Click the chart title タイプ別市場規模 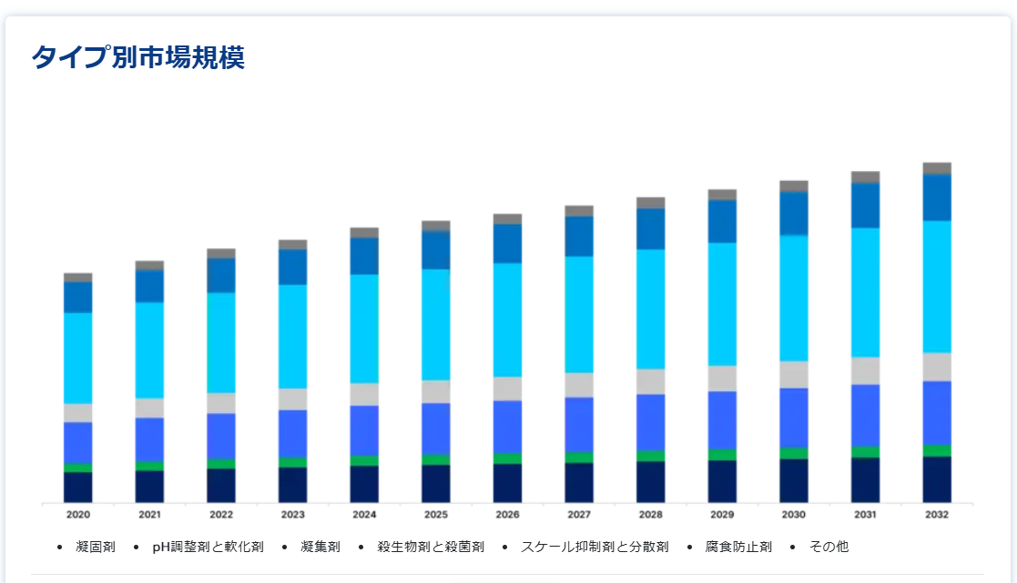(137, 58)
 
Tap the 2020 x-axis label (77, 515)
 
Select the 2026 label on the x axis (507, 515)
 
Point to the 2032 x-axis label (937, 515)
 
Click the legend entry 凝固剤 (96, 547)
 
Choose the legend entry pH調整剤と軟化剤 (208, 547)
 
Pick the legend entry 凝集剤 (320, 547)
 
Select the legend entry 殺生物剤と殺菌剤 (431, 547)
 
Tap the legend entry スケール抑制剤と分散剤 (595, 547)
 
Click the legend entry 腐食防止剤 (738, 547)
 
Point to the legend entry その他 (829, 547)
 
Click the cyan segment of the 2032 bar (937, 286)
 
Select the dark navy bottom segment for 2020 (77, 487)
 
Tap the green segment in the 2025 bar (436, 459)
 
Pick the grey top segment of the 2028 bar (651, 203)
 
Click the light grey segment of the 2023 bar (292, 399)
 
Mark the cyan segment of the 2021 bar (149, 350)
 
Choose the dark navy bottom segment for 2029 (722, 481)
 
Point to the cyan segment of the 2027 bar (579, 315)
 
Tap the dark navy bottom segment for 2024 (364, 484)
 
